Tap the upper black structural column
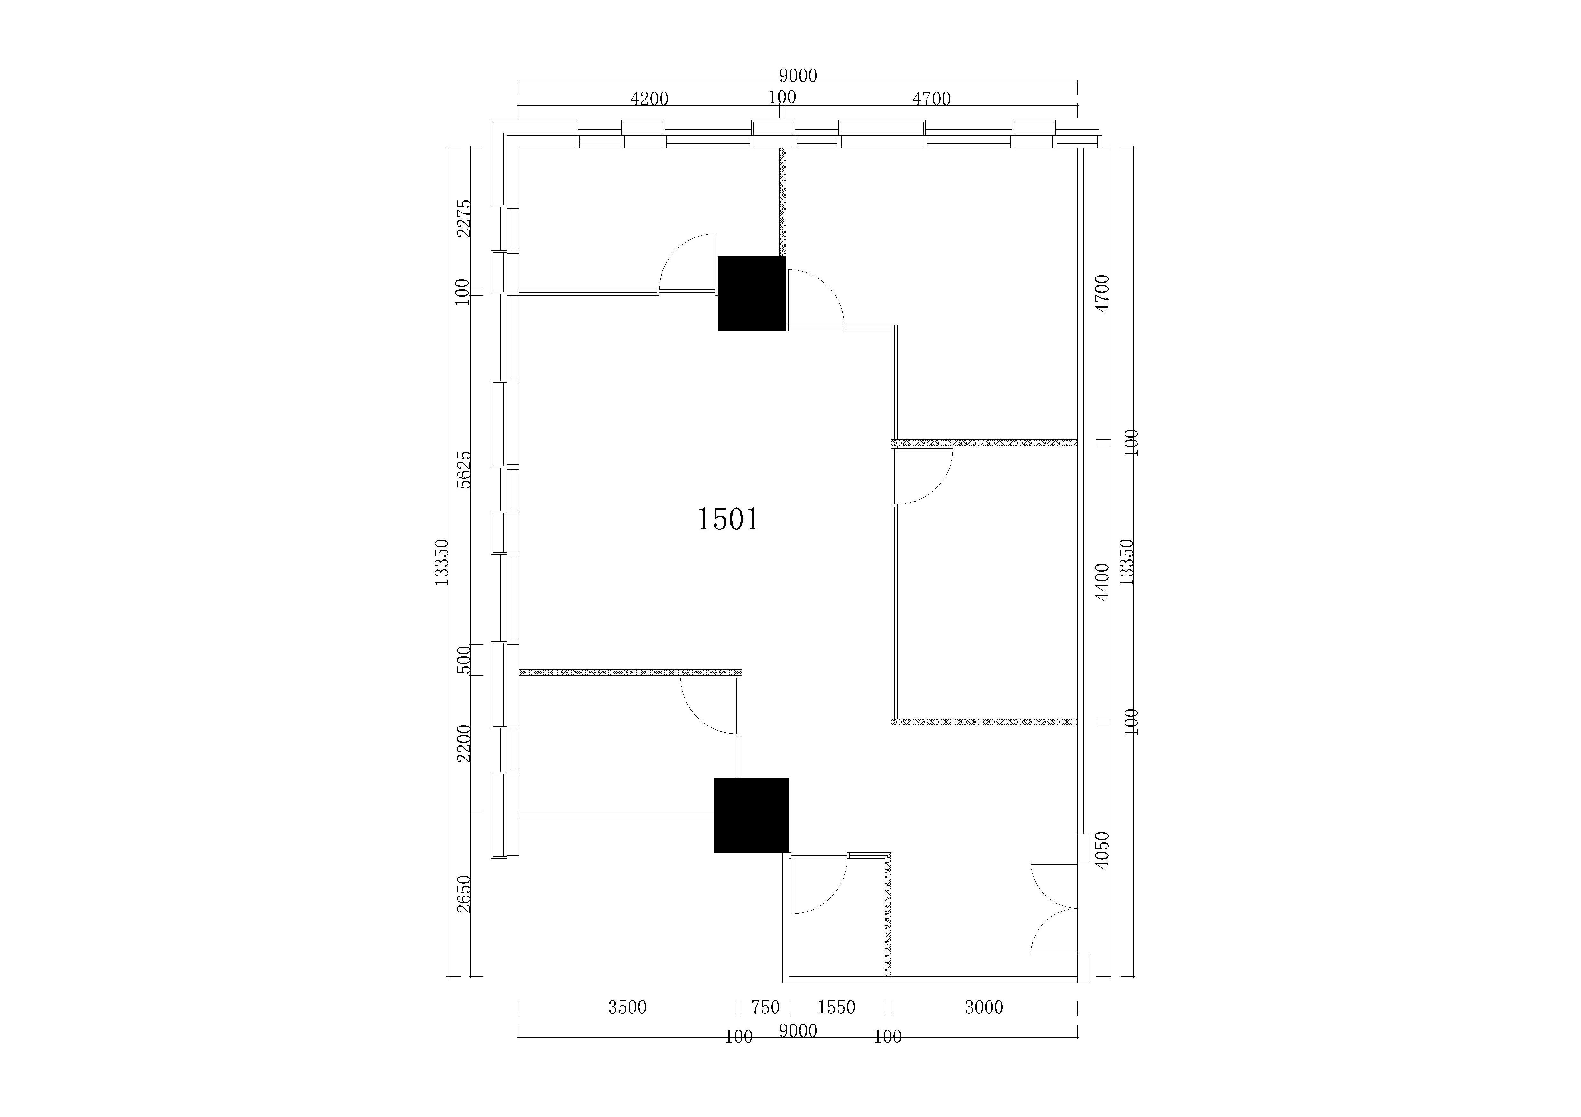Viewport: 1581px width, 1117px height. coord(751,294)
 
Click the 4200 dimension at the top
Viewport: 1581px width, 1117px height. coord(649,99)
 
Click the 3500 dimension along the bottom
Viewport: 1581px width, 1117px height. coord(627,1008)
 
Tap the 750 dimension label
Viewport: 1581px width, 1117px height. coord(765,1008)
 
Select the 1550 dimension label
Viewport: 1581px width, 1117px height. coord(836,1008)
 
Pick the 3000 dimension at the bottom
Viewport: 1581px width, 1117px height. coord(984,1008)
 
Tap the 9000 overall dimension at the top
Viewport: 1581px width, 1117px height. coord(798,76)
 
